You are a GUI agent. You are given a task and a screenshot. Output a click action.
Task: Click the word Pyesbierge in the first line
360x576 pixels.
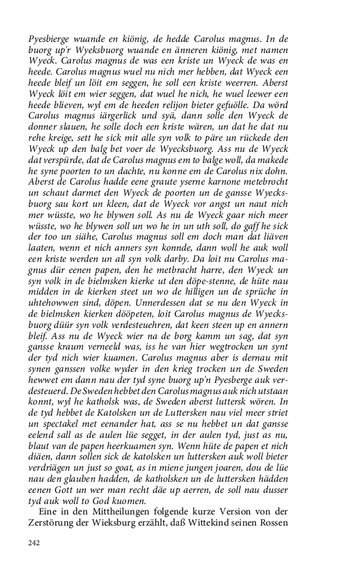coord(50,39)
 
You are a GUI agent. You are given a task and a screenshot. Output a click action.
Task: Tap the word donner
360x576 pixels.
coord(45,128)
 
